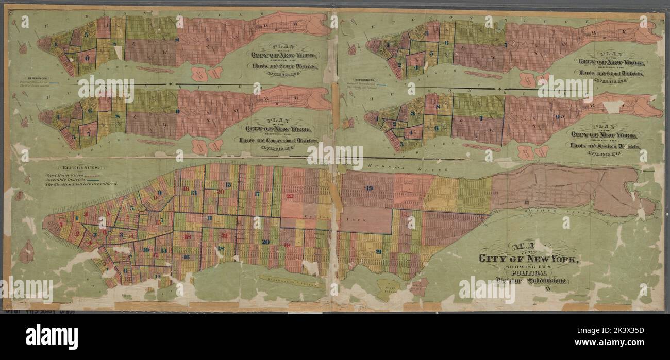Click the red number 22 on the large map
[290, 196]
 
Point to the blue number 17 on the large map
[257, 194]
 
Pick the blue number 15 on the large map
[228, 184]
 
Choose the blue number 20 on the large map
[265, 241]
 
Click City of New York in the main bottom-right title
[528, 259]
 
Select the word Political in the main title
[526, 273]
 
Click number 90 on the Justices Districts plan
[560, 117]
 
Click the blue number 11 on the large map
[209, 218]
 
